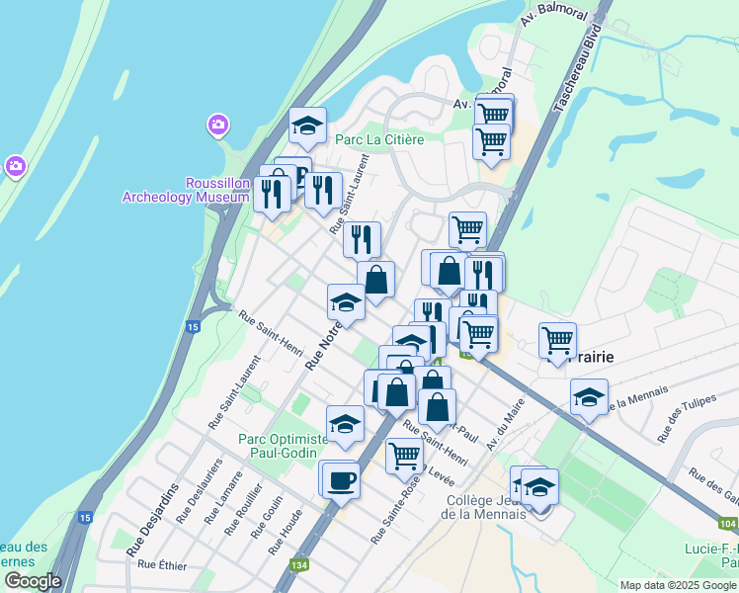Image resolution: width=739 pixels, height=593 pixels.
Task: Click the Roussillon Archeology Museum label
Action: point(186,190)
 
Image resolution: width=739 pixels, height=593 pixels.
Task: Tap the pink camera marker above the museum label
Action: point(217,126)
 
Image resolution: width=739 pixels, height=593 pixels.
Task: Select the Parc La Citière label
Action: point(379,139)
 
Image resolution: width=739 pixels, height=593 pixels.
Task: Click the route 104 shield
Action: point(728,524)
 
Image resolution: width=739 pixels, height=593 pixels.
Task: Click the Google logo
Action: point(32,581)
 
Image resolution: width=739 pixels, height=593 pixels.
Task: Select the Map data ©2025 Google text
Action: point(677,584)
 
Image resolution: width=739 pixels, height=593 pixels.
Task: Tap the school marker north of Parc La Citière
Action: point(307,126)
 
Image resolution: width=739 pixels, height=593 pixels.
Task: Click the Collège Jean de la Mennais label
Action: point(482,505)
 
